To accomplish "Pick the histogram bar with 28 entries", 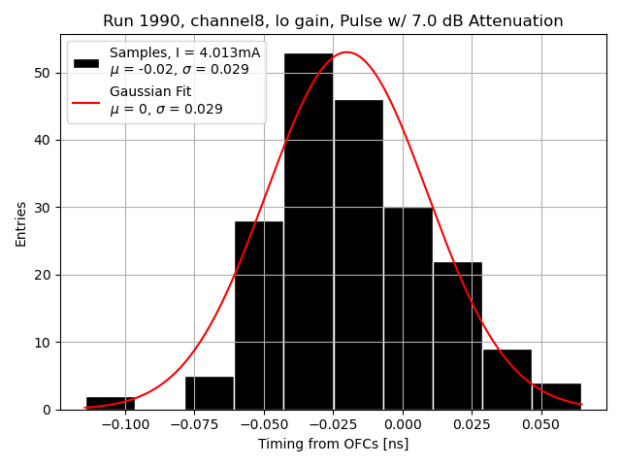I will coord(259,316).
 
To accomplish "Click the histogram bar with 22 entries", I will coord(457,336).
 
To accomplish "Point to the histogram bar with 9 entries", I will coord(507,380).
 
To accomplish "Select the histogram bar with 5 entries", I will coord(210,393).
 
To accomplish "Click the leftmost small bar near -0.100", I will coord(111,403).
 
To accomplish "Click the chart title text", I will coord(333,21).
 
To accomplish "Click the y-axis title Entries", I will coord(20,222).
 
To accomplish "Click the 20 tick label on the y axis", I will coord(45,275).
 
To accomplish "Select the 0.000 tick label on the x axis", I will coord(402,424).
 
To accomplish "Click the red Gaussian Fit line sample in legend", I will coord(86,101).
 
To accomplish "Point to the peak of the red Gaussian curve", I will coord(346,52).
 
